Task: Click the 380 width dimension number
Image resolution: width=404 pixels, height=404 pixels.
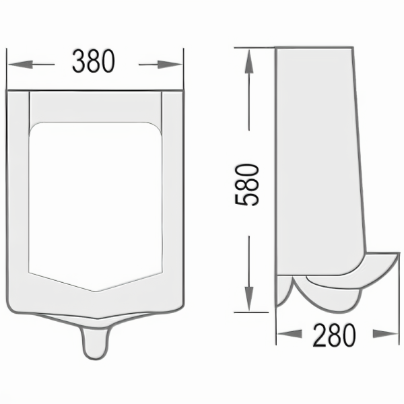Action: tap(94, 63)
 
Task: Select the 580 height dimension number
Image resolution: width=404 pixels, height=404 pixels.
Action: tap(248, 184)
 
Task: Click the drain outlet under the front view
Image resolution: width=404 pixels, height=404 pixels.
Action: tap(95, 342)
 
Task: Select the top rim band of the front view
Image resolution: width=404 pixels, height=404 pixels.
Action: tap(95, 106)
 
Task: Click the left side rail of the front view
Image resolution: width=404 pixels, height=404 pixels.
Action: tap(18, 195)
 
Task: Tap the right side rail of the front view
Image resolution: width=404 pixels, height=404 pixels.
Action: tap(172, 195)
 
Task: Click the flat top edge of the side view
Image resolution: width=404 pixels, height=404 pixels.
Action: tap(314, 48)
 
